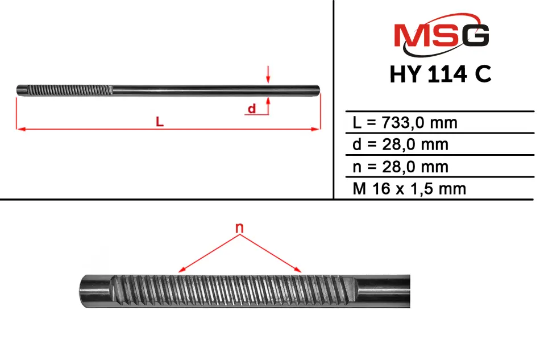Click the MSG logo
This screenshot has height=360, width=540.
[442, 35]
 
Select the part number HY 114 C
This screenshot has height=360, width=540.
[441, 74]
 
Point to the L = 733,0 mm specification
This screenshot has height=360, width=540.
[405, 123]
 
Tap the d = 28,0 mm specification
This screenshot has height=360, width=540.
[401, 144]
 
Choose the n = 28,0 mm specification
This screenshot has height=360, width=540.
[401, 167]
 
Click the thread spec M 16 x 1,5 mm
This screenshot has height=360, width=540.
[409, 189]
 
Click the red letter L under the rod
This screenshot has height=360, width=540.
[160, 121]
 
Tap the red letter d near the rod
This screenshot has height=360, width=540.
[252, 109]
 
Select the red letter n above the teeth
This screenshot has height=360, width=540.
[239, 227]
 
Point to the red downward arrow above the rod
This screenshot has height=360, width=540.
[268, 75]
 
